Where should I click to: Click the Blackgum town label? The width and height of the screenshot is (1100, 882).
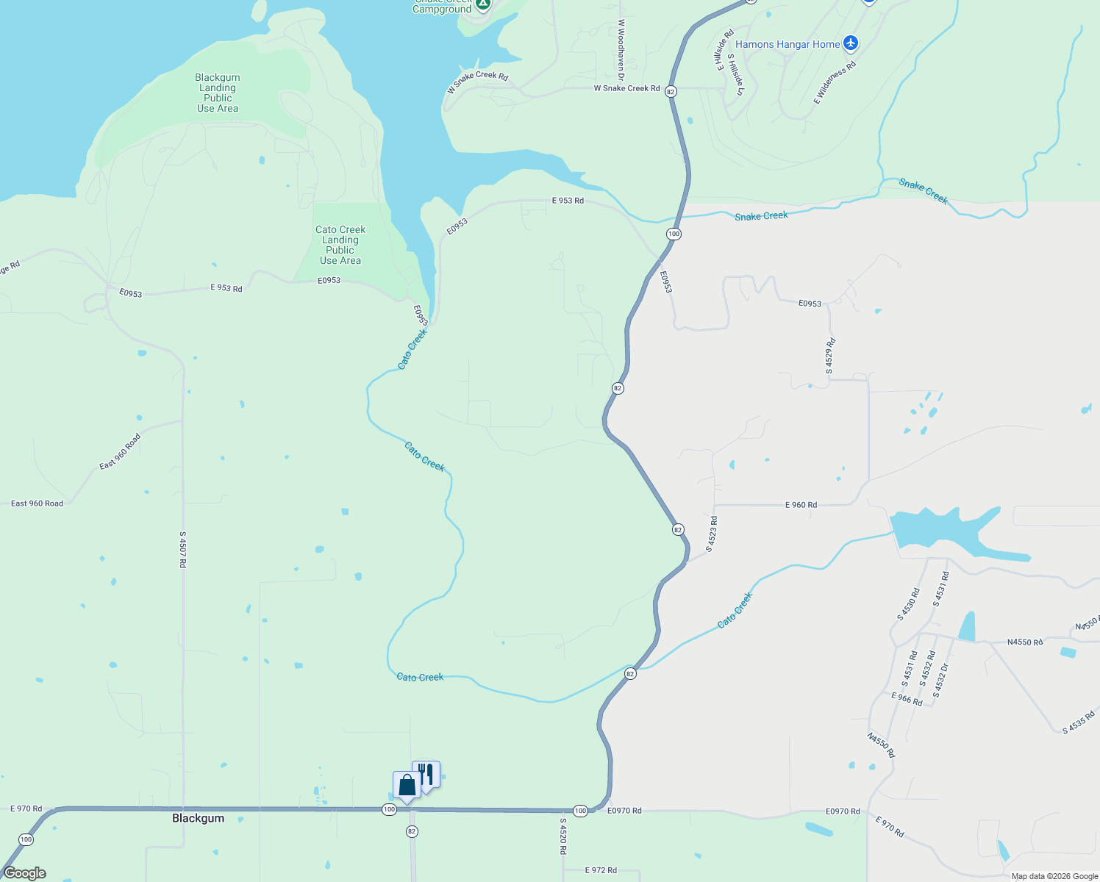[x=198, y=818]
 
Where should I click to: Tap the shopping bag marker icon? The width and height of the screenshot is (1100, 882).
[x=407, y=786]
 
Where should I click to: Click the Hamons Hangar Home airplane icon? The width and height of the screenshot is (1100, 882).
[x=851, y=43]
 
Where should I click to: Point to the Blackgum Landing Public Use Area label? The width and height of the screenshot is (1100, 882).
[x=218, y=93]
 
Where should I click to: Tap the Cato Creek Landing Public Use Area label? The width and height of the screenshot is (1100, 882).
[x=340, y=245]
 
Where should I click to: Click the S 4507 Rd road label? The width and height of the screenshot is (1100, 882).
[x=183, y=549]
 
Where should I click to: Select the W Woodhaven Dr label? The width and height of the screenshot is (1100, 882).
[x=621, y=50]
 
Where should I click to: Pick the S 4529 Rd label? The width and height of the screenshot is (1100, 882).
[x=829, y=356]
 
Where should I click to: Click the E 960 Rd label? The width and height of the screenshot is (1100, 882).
[x=801, y=505]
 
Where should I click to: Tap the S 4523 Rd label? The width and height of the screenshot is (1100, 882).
[x=712, y=534]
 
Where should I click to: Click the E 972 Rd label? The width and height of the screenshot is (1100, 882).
[x=601, y=870]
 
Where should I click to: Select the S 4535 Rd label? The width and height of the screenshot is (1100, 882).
[x=1079, y=722]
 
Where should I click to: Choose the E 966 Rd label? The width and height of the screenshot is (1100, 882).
[x=907, y=699]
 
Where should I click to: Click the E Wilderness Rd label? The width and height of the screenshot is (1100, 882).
[x=835, y=82]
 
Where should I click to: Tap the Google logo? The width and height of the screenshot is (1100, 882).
[x=25, y=873]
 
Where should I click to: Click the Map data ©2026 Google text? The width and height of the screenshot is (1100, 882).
[x=1054, y=876]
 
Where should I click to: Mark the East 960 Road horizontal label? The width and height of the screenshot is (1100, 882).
[x=37, y=503]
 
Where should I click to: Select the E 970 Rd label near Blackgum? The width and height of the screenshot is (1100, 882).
[x=26, y=808]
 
